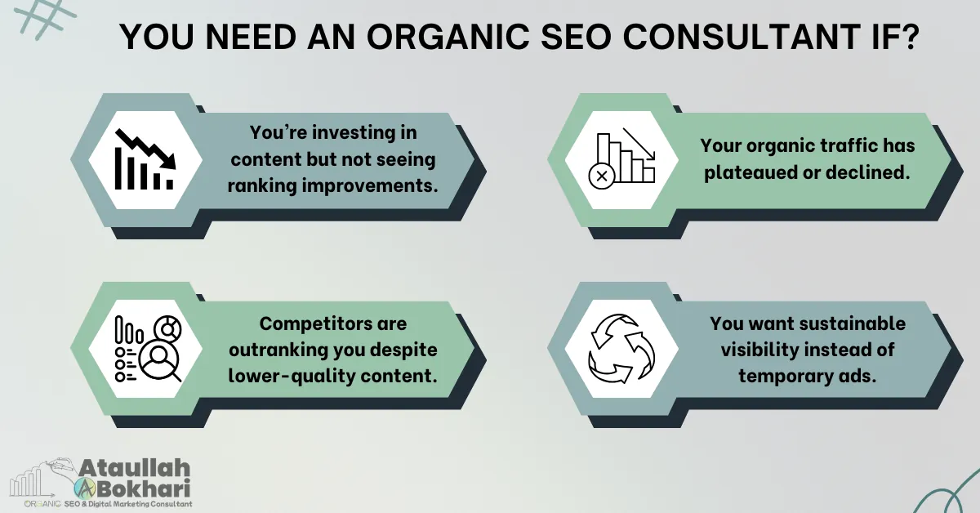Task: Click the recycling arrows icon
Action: coord(622,349)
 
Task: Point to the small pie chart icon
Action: coord(170,328)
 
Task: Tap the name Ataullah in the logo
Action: coord(135,469)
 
